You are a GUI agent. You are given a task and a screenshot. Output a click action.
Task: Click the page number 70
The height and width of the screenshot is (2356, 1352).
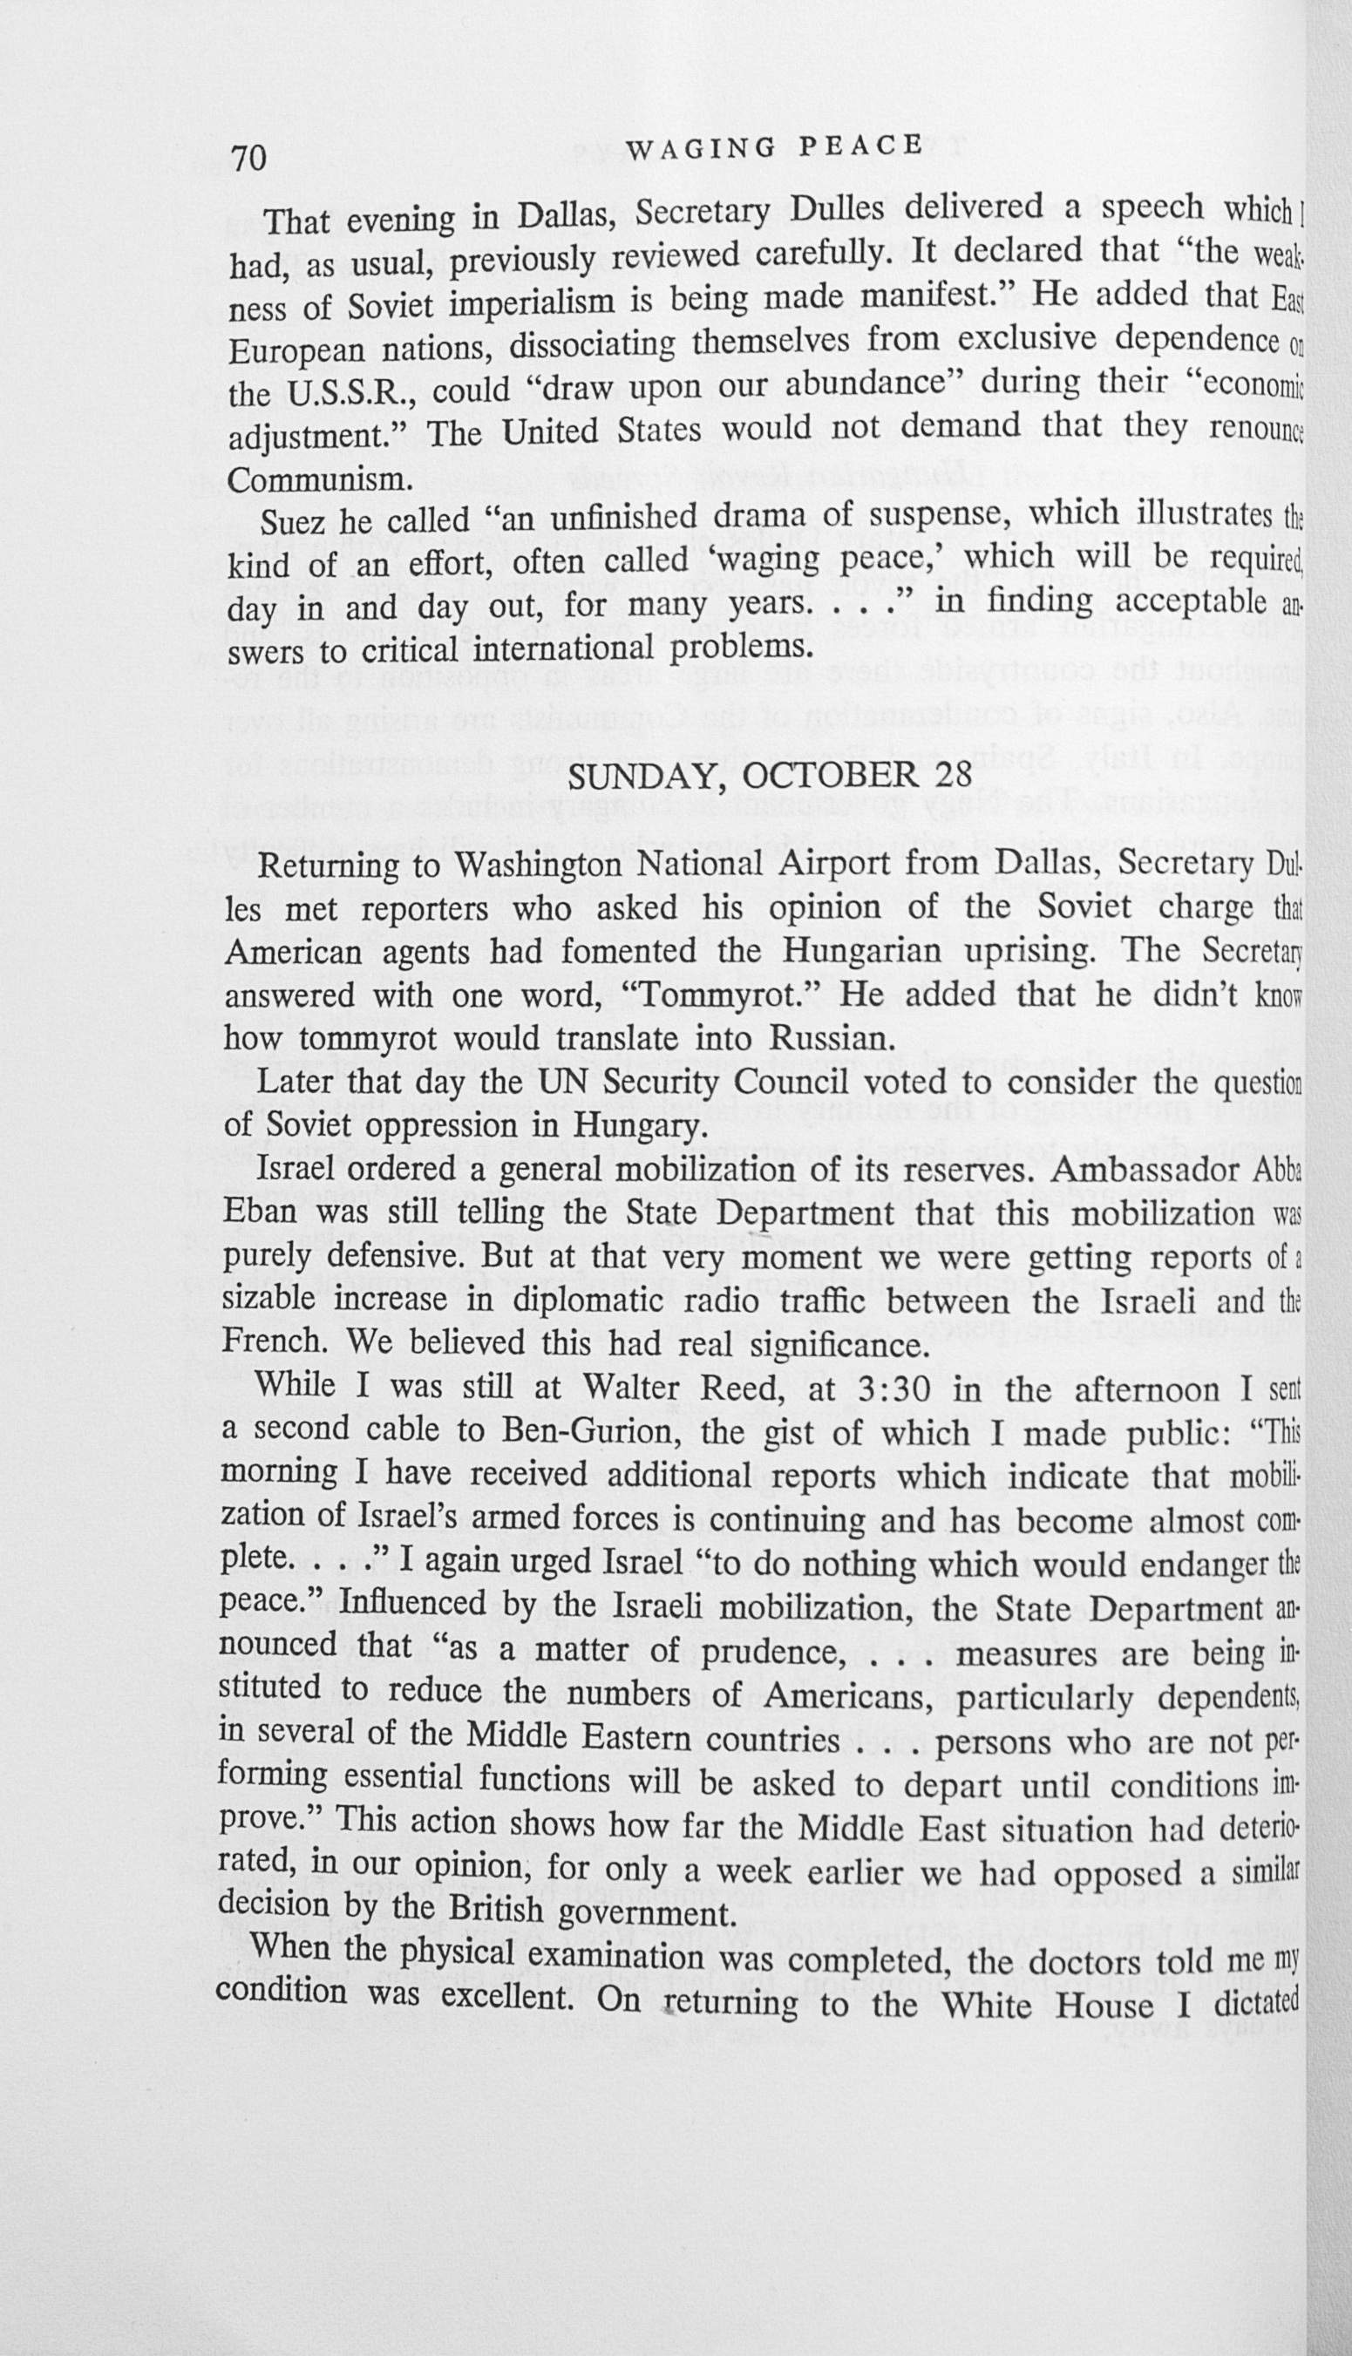tap(250, 158)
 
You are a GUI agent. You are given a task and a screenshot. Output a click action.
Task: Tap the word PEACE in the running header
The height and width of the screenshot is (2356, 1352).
tap(859, 145)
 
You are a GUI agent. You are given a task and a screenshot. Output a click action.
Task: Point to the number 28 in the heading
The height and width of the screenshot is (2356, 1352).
tap(949, 773)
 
